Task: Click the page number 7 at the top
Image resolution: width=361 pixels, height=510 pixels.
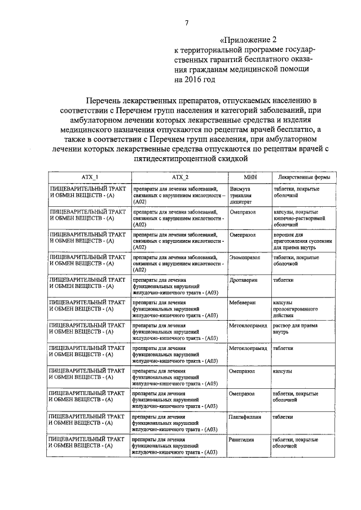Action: [x=186, y=23]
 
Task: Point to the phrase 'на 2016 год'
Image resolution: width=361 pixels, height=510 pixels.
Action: [x=195, y=80]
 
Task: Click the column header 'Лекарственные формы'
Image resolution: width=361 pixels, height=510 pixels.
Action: [x=304, y=177]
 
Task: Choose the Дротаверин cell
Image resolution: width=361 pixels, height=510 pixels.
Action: [x=243, y=280]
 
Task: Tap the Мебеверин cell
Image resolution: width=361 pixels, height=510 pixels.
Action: [x=242, y=303]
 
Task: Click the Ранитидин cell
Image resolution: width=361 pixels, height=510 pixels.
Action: [x=241, y=440]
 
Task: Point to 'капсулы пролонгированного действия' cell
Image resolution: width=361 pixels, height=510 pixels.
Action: [x=296, y=309]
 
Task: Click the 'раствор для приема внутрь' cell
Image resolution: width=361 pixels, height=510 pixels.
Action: [x=299, y=329]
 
